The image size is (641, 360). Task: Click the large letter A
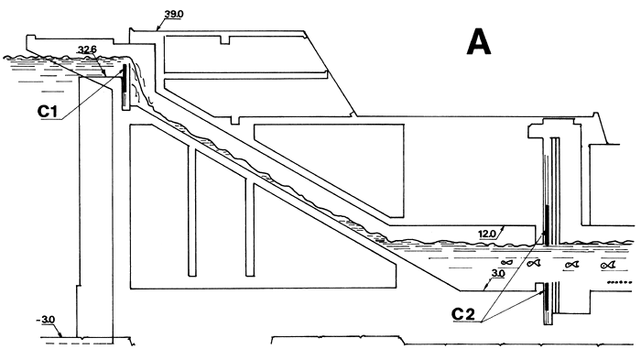(484, 43)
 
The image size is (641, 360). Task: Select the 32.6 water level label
(89, 49)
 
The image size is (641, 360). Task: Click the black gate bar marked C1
(124, 88)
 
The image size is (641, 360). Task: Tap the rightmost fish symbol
(607, 265)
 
